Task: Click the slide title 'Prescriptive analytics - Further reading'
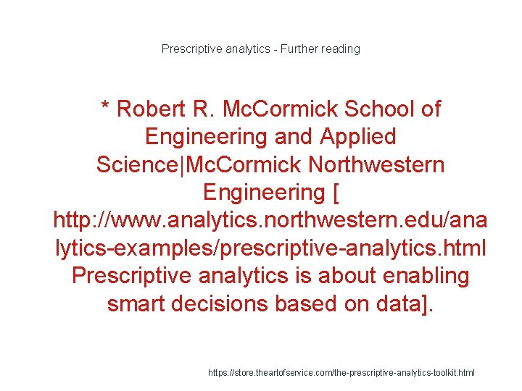coord(261,49)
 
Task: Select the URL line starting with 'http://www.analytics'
coord(270,220)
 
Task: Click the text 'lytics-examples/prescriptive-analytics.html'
coord(270,248)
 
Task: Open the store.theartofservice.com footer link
coord(341,373)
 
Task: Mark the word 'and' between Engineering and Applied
coord(289,137)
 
